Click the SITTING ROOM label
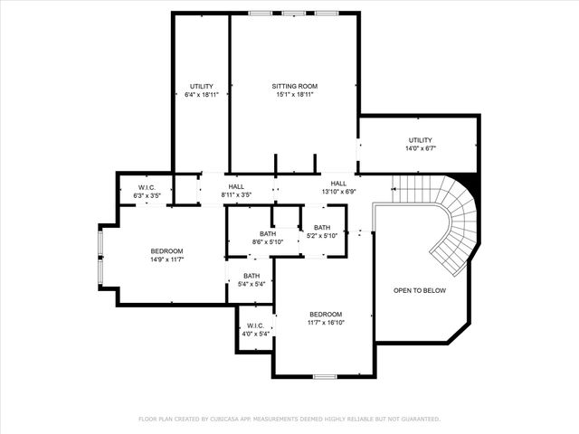[x=295, y=87]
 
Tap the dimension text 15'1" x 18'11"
[x=295, y=95]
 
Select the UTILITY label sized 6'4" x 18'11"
[x=201, y=87]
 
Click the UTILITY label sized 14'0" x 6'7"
[x=420, y=140]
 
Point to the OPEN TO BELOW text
[x=420, y=290]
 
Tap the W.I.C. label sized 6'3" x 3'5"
[x=147, y=188]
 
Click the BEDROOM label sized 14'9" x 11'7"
[x=166, y=250]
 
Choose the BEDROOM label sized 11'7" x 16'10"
[x=326, y=314]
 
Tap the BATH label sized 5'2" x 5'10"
[x=321, y=228]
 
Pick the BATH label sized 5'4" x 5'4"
[x=252, y=276]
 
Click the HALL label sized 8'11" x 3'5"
[x=236, y=186]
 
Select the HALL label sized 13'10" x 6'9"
[x=338, y=183]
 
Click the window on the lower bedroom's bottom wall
[x=325, y=375]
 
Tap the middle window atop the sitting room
[x=295, y=13]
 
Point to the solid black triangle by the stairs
[x=467, y=181]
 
